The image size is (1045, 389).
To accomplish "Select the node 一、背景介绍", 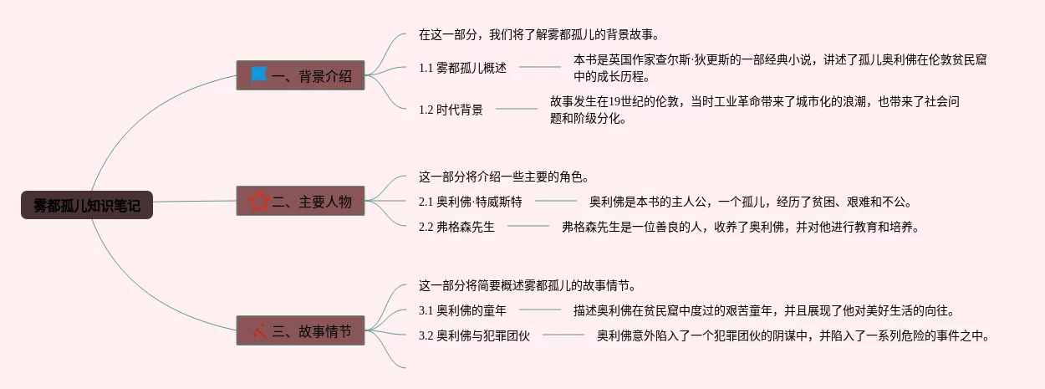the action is tap(300, 76).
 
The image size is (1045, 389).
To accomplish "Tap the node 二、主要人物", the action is tap(300, 202).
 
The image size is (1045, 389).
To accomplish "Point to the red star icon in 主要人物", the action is tap(259, 202).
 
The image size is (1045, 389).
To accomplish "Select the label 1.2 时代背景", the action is tap(451, 109).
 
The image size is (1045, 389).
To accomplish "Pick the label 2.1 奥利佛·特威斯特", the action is tap(470, 202).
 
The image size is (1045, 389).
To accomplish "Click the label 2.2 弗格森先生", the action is tap(456, 226).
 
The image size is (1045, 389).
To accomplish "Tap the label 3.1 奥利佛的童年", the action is tap(462, 311).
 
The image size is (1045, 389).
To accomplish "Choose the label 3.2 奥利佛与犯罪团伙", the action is tap(474, 336).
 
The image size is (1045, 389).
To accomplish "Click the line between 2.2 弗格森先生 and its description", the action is tap(528, 226).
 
